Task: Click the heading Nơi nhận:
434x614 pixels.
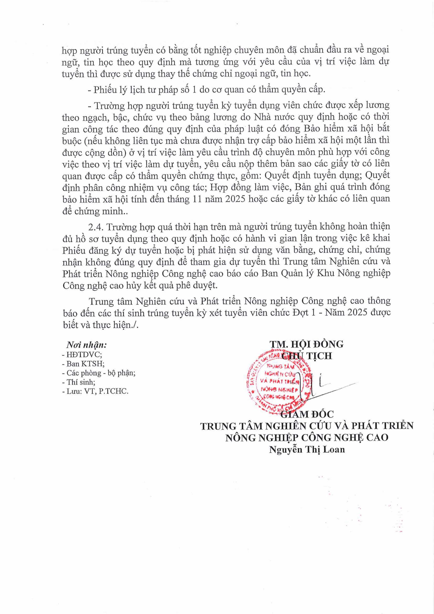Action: click(87, 345)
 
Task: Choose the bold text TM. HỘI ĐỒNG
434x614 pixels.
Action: click(307, 344)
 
